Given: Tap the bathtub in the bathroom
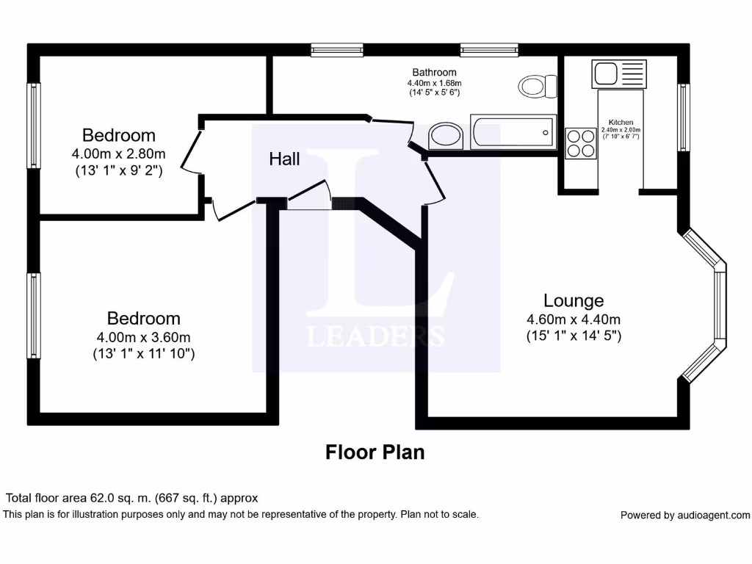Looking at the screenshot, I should (x=513, y=132).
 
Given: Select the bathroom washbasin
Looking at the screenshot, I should (x=445, y=135).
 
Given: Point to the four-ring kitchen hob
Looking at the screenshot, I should (x=581, y=143).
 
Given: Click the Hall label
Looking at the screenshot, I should (x=284, y=159).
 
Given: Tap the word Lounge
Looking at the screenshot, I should (x=574, y=300).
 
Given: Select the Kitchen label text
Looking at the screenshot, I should (x=621, y=123).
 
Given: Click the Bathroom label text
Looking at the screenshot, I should (x=434, y=72).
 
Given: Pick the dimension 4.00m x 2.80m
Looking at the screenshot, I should (x=119, y=154).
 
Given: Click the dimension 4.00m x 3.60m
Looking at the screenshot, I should (x=144, y=337).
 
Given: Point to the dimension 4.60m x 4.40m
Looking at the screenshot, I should (x=574, y=319).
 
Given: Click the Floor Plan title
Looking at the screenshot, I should (x=375, y=452).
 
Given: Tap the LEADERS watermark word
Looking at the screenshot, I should (x=375, y=336).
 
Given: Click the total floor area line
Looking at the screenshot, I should (x=132, y=498).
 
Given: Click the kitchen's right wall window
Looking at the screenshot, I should (x=684, y=117).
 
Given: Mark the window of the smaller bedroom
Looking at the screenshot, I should (x=34, y=125).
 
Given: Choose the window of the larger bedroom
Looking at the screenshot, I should (x=34, y=316).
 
